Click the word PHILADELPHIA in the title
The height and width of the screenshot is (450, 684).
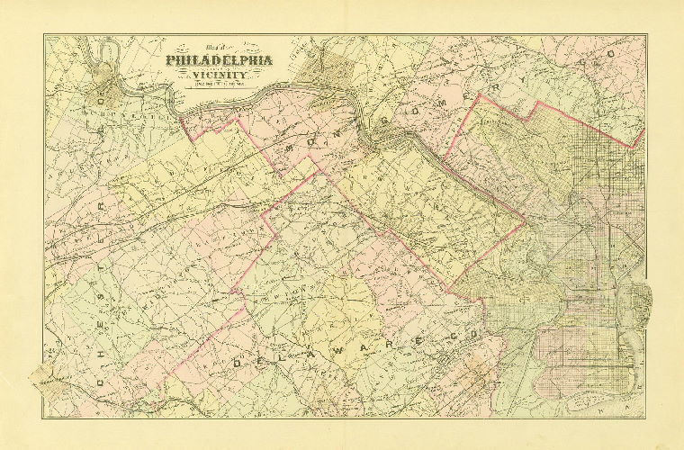220,61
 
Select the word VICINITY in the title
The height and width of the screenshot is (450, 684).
220,76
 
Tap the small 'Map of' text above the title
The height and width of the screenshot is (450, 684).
218,50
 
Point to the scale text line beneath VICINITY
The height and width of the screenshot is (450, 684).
220,85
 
